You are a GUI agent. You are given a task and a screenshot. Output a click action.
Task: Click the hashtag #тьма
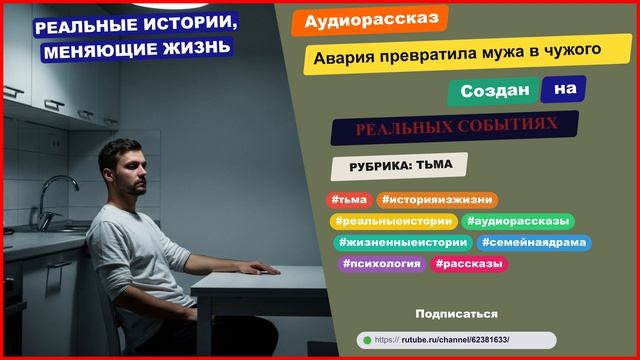point(348,200)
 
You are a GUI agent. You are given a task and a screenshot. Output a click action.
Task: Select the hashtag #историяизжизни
point(437,200)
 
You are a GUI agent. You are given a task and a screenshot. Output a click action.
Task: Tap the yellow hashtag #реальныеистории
point(392,221)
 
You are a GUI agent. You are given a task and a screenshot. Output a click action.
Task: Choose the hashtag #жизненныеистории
point(403,242)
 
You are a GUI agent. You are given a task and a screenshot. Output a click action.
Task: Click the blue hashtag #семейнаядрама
point(534,242)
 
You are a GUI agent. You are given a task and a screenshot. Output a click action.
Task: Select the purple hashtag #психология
point(379,264)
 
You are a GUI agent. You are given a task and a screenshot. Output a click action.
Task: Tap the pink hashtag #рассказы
point(469,264)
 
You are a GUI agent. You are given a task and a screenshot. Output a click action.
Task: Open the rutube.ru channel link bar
point(456,340)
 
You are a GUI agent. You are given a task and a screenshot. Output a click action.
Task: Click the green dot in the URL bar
point(367,340)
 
